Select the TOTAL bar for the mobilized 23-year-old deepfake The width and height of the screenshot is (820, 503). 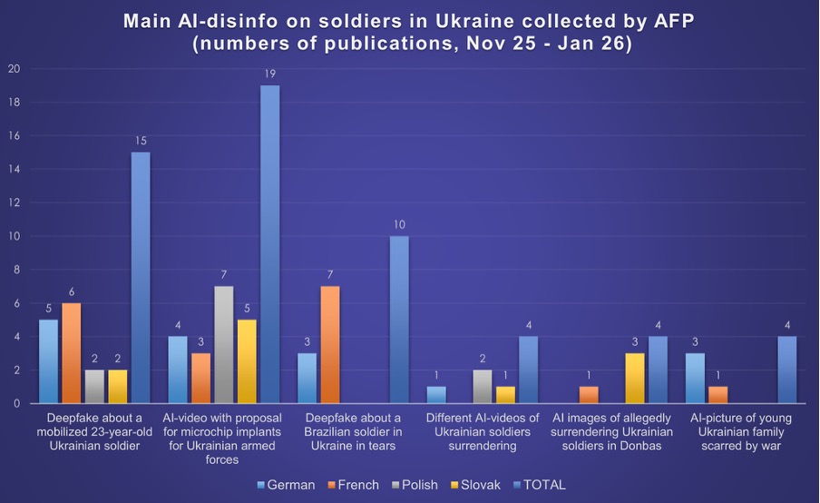click(x=141, y=277)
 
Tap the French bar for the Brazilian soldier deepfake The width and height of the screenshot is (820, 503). click(x=330, y=344)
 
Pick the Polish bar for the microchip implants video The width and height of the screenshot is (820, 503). click(x=223, y=344)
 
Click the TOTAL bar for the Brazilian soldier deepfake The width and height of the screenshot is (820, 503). click(x=398, y=319)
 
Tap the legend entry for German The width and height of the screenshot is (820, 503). click(x=286, y=485)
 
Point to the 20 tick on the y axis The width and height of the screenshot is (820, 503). click(x=13, y=69)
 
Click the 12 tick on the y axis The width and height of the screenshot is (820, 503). click(x=13, y=202)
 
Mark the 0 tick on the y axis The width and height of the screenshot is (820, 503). click(x=15, y=403)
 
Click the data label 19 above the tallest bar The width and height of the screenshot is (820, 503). click(x=269, y=74)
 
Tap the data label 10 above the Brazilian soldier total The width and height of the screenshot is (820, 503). click(x=398, y=224)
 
